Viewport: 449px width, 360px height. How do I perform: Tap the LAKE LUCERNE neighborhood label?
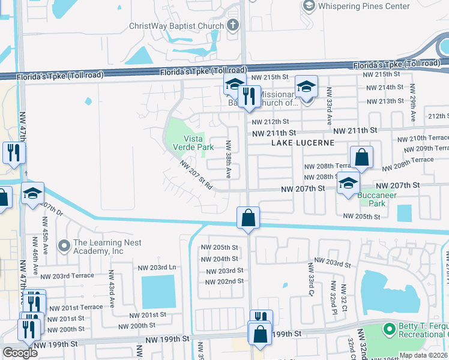tap(297, 143)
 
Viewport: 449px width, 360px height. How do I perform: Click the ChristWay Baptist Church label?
tap(176, 26)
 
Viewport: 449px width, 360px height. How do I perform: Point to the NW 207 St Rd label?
tap(196, 175)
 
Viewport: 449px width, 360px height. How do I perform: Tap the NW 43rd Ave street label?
tap(111, 289)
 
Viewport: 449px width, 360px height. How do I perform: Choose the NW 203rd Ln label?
tap(157, 268)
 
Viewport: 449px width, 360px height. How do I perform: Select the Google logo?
tap(20, 353)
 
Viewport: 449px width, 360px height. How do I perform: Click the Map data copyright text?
tap(423, 355)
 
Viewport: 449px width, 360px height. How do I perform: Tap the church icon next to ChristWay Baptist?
tap(234, 26)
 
